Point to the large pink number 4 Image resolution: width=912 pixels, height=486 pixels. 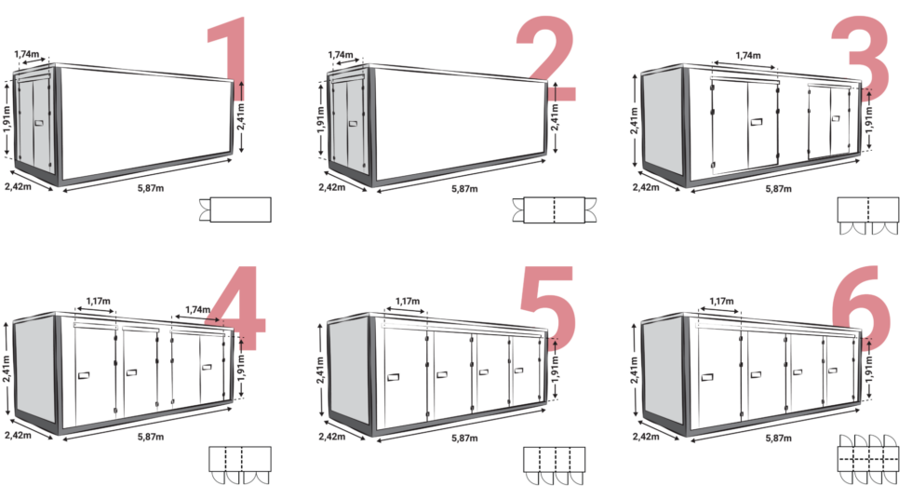click(x=238, y=308)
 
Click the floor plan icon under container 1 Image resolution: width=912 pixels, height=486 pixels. click(x=235, y=209)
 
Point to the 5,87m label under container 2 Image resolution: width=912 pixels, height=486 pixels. click(x=464, y=189)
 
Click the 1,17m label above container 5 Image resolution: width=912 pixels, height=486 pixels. click(x=408, y=302)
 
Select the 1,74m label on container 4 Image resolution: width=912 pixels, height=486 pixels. click(x=197, y=310)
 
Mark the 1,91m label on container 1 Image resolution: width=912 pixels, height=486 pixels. click(x=7, y=119)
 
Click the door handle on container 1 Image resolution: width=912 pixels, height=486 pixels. click(x=39, y=124)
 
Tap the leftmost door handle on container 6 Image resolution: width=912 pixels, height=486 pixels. click(x=707, y=377)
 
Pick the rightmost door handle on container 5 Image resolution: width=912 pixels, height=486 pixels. click(x=519, y=371)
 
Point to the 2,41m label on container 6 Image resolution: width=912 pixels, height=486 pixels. click(x=635, y=369)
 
